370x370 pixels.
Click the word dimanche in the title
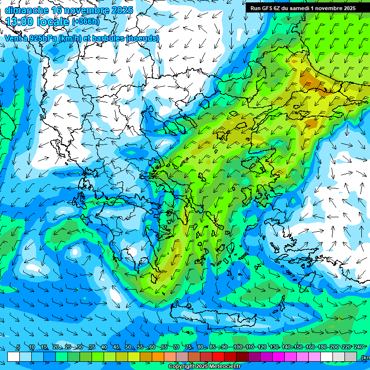26,10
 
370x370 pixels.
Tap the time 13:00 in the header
19,22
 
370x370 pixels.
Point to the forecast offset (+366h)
86,22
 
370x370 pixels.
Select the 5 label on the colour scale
18,347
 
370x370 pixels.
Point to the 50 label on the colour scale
128,347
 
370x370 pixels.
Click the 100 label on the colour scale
238,347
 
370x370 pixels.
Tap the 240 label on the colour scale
358,347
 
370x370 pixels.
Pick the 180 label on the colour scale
322,347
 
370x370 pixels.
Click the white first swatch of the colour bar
13,357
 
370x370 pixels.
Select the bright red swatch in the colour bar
218,357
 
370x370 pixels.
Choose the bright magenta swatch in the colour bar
278,357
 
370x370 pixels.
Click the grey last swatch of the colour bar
351,357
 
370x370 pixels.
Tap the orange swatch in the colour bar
158,357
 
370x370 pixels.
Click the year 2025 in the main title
121,10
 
